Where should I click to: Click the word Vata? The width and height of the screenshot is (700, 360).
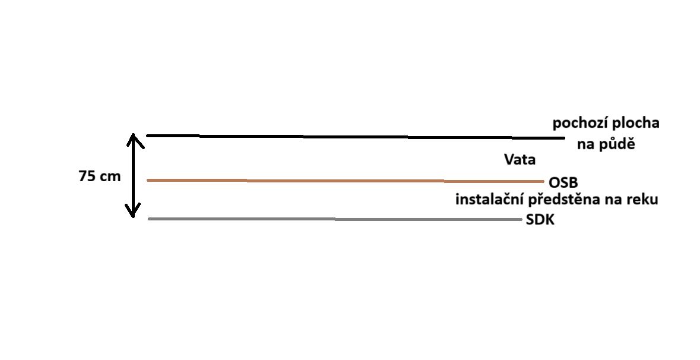pos(520,160)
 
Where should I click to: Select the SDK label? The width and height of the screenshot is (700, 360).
pos(541,220)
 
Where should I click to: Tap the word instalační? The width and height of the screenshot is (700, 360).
pos(488,200)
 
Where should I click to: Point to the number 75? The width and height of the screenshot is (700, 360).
pos(88,176)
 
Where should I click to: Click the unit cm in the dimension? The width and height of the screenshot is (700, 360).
pos(110,176)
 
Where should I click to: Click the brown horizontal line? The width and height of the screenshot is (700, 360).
pos(344,180)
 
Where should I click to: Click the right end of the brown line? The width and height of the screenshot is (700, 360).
pos(542,181)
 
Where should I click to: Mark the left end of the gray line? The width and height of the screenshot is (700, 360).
pos(150,219)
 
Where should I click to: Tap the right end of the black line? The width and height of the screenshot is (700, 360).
pos(563,138)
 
